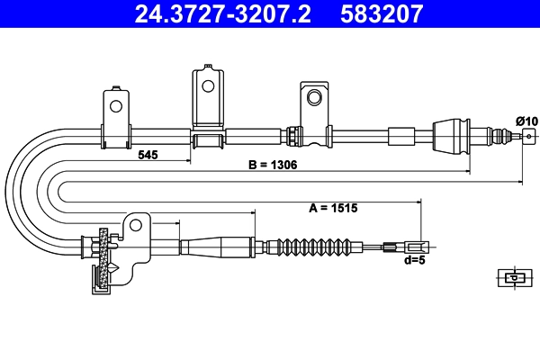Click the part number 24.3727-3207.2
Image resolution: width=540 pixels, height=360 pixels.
click(223, 13)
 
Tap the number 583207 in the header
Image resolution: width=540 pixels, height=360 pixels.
click(382, 13)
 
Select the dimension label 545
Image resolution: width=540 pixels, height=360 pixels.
click(148, 155)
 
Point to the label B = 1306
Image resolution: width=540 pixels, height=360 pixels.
click(273, 165)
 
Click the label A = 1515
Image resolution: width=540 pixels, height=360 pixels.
click(333, 208)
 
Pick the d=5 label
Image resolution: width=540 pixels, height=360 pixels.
click(415, 260)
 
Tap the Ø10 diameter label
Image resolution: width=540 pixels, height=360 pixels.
click(526, 121)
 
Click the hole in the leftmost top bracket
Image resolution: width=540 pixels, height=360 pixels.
click(116, 106)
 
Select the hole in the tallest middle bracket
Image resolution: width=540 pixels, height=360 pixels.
click(208, 86)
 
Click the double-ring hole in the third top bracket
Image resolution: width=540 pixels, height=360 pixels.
click(314, 97)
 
